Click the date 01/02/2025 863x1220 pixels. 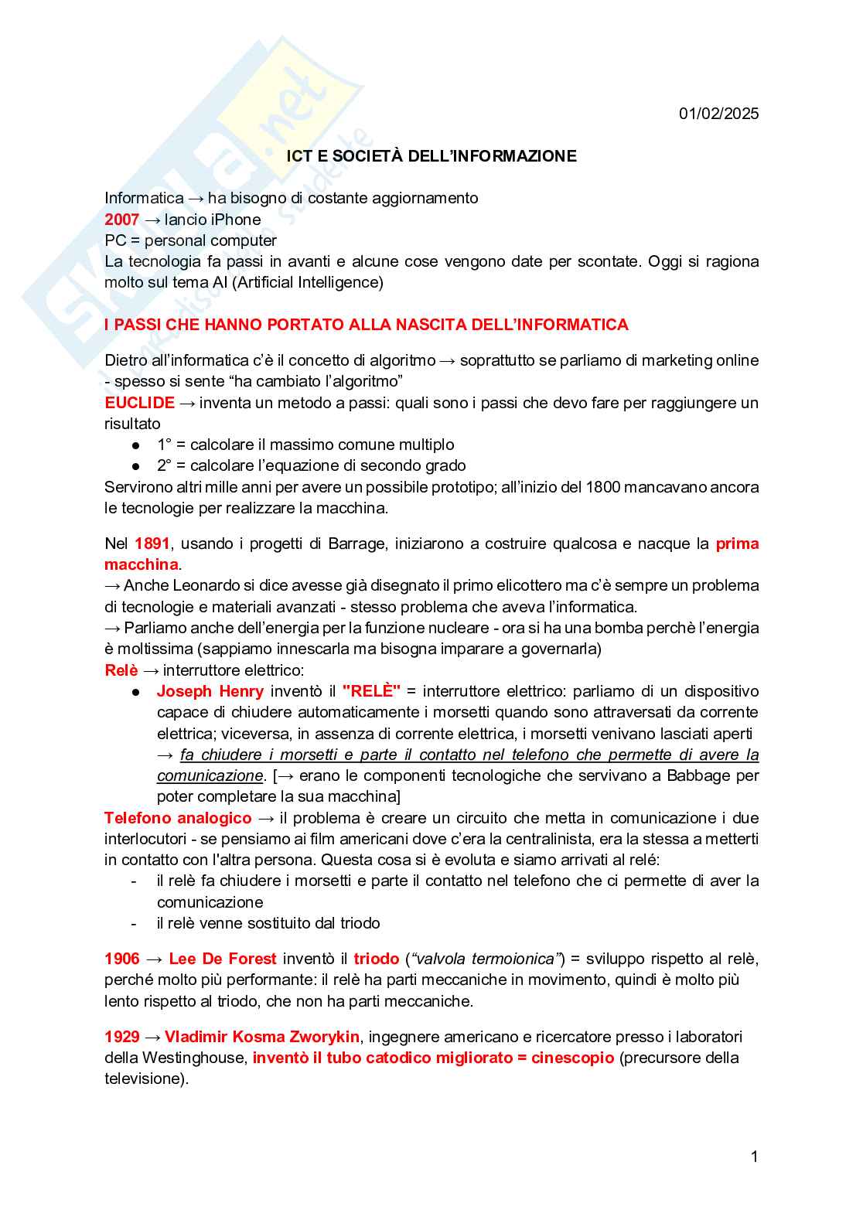click(718, 114)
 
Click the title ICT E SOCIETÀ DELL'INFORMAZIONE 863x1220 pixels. click(432, 156)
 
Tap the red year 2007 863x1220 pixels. click(122, 220)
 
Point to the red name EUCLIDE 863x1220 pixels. click(140, 403)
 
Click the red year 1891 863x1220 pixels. click(152, 544)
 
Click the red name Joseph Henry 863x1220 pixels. click(210, 691)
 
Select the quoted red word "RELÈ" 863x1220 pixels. click(371, 691)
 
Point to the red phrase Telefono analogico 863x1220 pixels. click(178, 818)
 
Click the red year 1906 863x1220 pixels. click(122, 959)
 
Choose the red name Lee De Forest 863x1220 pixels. click(223, 959)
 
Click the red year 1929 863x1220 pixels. click(122, 1037)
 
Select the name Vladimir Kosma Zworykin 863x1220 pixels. click(262, 1037)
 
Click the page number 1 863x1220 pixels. click(754, 1157)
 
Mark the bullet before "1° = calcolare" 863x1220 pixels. click(135, 445)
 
